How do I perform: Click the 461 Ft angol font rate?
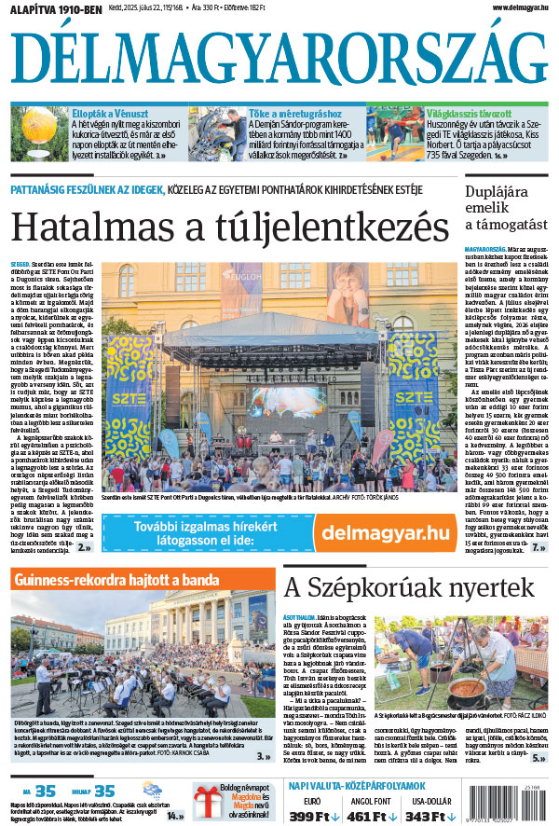372,818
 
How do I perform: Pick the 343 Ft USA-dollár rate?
430,818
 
